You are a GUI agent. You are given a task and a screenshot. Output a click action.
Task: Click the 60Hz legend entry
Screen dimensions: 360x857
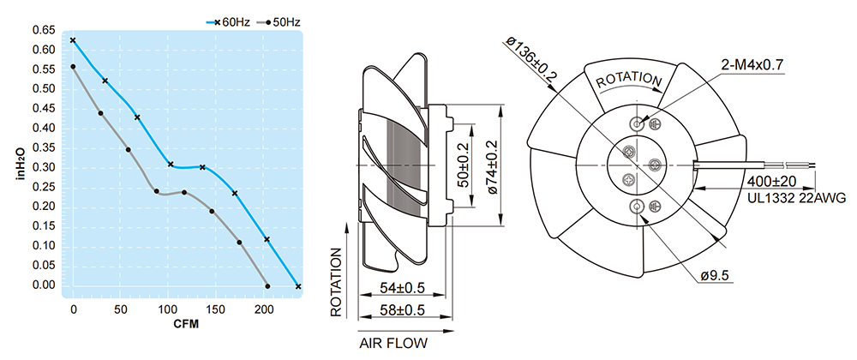click(x=228, y=21)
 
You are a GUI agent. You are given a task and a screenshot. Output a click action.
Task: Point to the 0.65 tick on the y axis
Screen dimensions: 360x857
click(x=43, y=30)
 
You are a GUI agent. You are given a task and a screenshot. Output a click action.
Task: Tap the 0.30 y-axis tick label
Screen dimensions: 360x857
click(x=43, y=167)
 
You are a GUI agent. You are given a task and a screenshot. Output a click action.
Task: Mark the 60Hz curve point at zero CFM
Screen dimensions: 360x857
click(x=73, y=40)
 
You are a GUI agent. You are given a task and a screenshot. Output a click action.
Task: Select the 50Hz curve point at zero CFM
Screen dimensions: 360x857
click(x=73, y=66)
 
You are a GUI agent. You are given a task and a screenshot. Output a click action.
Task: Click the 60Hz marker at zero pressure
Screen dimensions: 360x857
click(x=298, y=286)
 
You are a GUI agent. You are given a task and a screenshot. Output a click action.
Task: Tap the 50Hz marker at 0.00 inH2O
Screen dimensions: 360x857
click(x=267, y=286)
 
